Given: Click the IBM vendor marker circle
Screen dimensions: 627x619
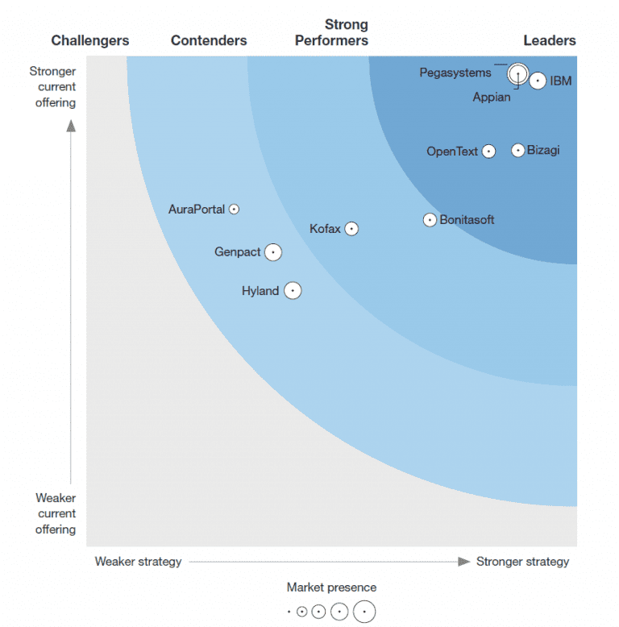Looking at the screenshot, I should [538, 81].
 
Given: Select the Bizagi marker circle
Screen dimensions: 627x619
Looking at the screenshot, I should [518, 150].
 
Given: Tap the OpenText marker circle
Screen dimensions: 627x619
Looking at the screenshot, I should [488, 152].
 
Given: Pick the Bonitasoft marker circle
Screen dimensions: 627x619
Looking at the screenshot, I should [430, 220].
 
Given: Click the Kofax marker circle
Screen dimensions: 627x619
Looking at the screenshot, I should [351, 229].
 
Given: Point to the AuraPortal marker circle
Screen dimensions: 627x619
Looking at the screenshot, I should [234, 209].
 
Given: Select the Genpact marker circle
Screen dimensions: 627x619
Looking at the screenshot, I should [273, 252].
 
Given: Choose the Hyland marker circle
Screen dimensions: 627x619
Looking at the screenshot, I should [293, 290].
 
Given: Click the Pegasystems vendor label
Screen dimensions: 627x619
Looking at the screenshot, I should [455, 73].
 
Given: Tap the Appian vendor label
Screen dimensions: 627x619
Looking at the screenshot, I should [491, 98].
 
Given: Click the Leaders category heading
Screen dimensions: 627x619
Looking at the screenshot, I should [550, 40].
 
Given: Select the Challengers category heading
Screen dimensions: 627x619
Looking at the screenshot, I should [90, 40].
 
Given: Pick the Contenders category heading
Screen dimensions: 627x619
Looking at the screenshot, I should [209, 40].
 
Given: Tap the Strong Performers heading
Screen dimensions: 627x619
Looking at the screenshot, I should [331, 33].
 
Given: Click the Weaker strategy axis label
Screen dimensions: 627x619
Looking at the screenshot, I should [138, 562].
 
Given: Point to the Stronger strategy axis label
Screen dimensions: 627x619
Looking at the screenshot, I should [522, 562].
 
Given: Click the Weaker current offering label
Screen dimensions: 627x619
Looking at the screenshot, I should [56, 513].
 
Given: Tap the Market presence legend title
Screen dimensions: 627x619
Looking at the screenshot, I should [331, 588].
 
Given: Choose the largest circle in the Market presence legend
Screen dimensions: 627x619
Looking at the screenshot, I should [364, 612].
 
